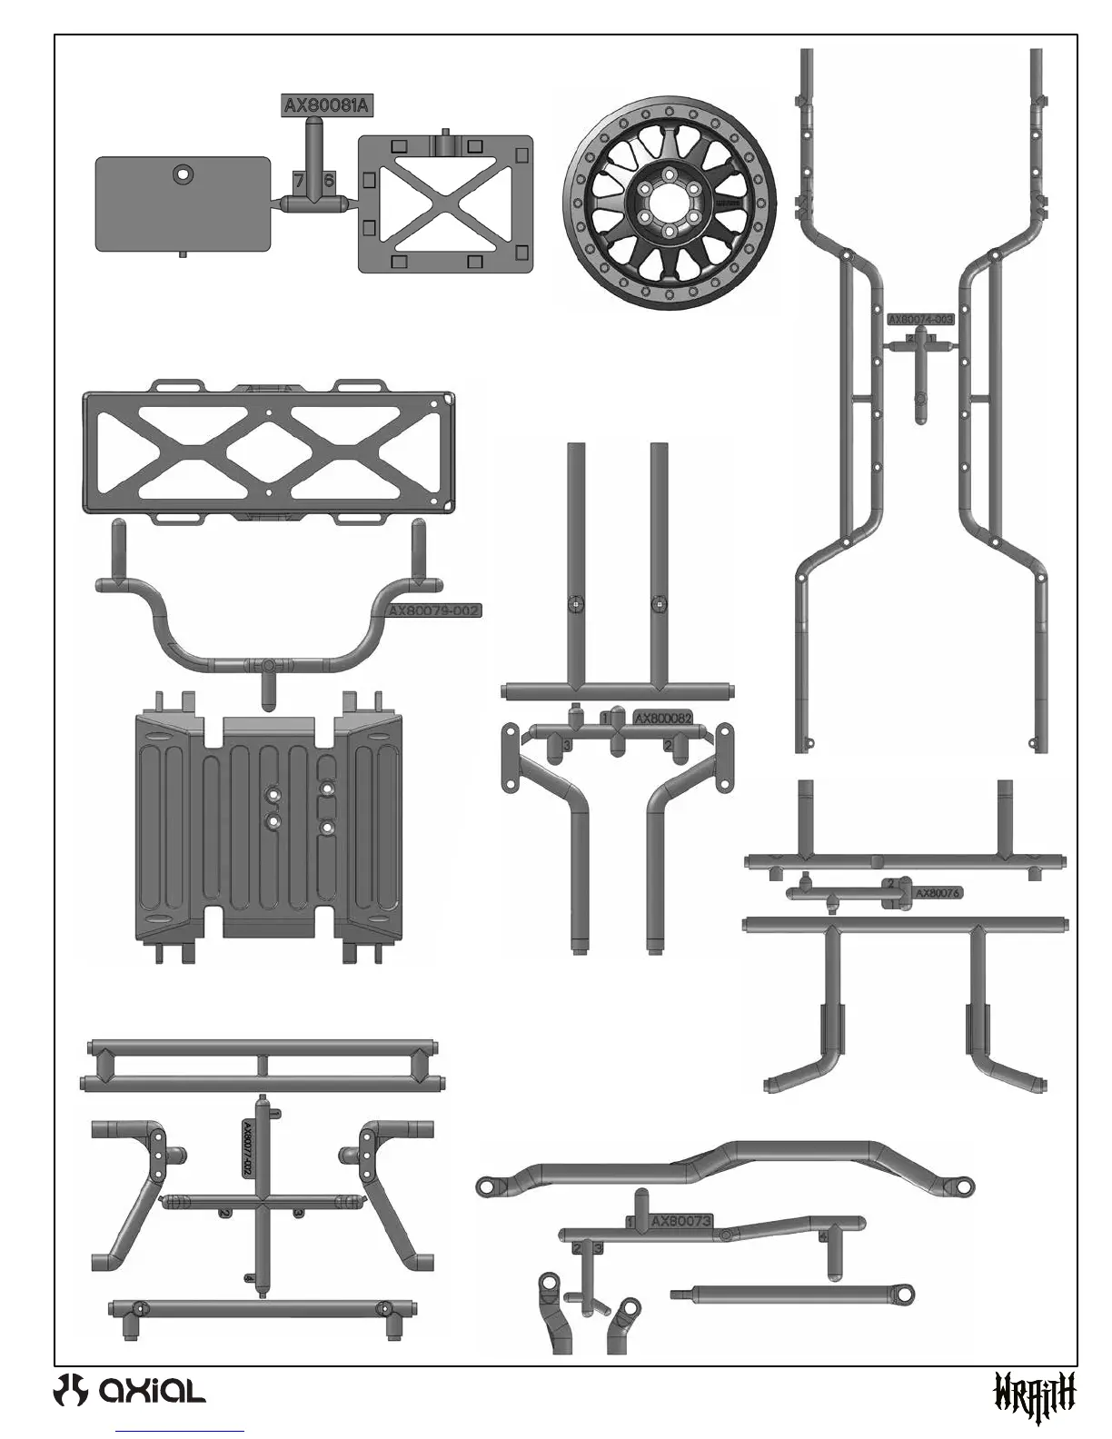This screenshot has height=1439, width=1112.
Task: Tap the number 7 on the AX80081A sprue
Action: [x=299, y=181]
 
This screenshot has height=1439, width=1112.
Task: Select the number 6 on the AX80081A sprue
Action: [x=329, y=181]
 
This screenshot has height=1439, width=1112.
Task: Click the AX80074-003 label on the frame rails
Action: [x=920, y=319]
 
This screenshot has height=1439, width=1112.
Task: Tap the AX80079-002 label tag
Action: [x=434, y=610]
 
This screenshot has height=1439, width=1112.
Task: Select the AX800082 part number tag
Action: [x=663, y=718]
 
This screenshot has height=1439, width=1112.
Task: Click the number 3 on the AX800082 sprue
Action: [x=567, y=745]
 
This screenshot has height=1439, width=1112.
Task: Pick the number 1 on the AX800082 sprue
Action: [x=605, y=718]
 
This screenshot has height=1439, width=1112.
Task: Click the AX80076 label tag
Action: [x=937, y=893]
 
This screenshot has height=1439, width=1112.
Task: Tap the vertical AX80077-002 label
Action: [x=246, y=1148]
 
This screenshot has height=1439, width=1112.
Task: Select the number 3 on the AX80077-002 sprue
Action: [x=299, y=1212]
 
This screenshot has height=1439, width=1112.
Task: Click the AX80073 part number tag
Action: [x=680, y=1222]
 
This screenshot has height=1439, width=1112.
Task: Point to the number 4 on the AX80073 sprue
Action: [x=823, y=1236]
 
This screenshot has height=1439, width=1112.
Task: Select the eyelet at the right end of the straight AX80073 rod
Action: [x=902, y=1295]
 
